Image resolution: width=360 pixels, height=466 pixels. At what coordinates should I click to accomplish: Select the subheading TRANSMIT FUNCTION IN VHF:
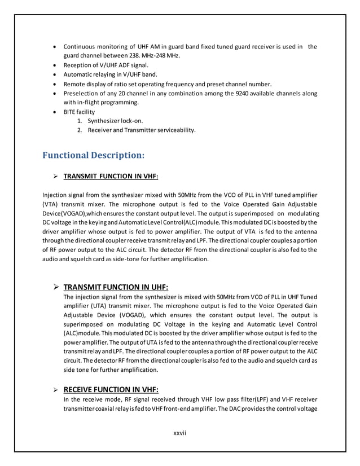[x=111, y=176]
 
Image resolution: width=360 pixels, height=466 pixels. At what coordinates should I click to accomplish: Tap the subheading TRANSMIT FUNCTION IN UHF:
[x=116, y=286]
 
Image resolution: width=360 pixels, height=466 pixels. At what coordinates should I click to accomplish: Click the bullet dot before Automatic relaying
[x=54, y=74]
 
